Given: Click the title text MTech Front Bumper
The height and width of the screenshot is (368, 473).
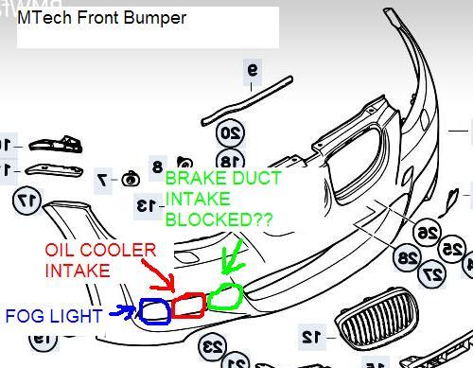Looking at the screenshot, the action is (101, 18).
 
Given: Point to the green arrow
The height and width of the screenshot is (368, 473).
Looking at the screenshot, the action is (233, 257).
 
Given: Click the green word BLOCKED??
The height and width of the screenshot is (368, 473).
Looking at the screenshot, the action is (219, 219).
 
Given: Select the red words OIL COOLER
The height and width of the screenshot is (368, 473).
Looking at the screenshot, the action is (100, 250).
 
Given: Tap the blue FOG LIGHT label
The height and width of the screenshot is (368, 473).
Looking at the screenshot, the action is (54, 316).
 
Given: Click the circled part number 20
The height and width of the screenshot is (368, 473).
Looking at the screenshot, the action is (231, 133).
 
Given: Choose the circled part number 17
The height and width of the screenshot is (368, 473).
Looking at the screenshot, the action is (26, 201).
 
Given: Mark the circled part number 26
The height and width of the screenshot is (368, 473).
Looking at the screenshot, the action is (428, 233).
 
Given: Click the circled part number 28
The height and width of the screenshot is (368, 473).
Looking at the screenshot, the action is (408, 257).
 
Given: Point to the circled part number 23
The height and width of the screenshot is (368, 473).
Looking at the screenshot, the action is (213, 347).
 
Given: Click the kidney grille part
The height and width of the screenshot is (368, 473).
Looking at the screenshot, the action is (377, 319).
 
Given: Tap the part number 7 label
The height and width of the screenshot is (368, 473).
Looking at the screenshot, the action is (103, 180).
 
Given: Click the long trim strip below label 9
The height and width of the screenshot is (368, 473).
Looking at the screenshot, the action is (247, 100).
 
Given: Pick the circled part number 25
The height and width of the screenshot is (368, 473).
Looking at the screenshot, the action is (452, 249).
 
